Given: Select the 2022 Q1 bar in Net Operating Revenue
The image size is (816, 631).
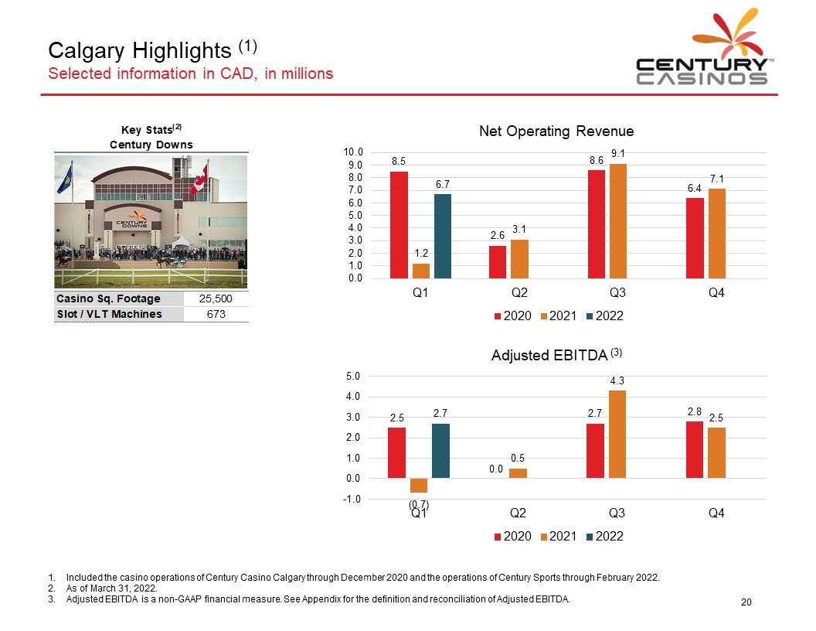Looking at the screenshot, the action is click(442, 237).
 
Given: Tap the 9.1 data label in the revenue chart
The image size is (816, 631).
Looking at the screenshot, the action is click(617, 153).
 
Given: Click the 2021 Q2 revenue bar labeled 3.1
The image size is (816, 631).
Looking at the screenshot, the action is click(519, 259).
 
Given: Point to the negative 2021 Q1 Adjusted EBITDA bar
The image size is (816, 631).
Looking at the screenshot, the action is click(418, 485).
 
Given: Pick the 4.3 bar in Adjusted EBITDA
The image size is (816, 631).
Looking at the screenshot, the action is click(617, 435).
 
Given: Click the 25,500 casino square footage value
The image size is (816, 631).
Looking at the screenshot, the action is click(216, 298).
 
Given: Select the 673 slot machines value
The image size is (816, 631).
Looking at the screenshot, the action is click(216, 314).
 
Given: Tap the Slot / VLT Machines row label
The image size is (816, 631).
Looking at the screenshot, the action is click(109, 314).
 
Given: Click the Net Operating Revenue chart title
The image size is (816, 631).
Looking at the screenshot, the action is click(556, 131).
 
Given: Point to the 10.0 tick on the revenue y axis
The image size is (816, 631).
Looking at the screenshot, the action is click(353, 152).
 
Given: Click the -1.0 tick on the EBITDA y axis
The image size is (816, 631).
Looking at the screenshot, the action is click(352, 500).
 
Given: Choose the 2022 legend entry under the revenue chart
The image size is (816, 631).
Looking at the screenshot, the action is click(605, 316).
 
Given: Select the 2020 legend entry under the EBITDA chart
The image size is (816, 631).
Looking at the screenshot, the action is click(512, 537).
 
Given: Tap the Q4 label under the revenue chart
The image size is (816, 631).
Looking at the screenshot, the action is click(716, 292).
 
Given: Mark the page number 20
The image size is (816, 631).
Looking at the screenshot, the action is click(746, 602).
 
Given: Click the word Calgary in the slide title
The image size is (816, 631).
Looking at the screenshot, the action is click(87, 51).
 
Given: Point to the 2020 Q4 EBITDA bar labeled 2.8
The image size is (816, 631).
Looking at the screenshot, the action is click(694, 450).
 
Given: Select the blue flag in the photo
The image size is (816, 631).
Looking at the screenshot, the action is click(65, 179).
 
